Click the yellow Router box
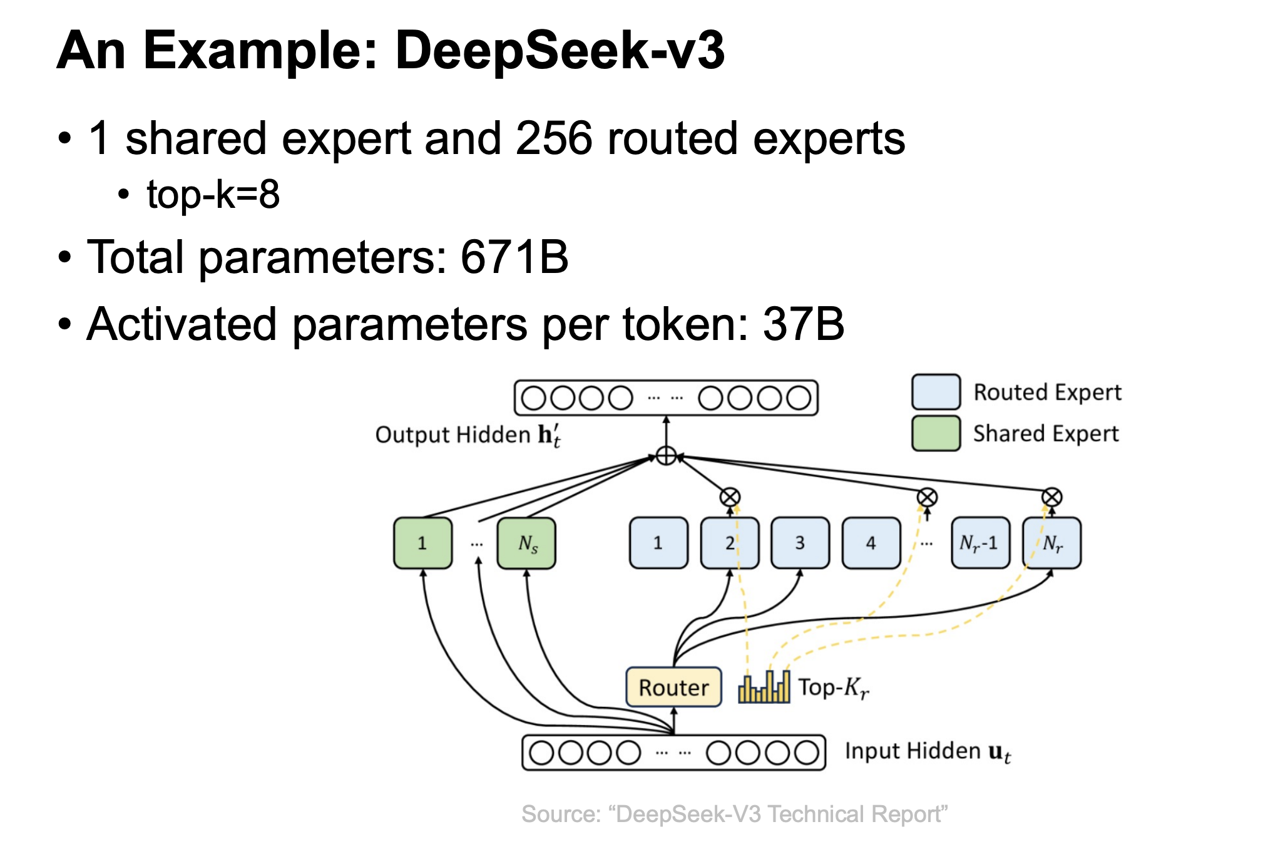[673, 687]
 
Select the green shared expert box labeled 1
[422, 543]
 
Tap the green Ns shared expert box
[526, 543]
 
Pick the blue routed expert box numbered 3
[800, 543]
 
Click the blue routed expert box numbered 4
[871, 543]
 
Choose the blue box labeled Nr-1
[979, 543]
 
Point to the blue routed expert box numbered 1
[658, 543]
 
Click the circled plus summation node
[666, 455]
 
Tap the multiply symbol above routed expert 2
[730, 497]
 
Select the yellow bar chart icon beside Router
[764, 687]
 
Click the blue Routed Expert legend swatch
[936, 391]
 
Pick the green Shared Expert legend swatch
[936, 433]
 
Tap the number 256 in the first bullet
[553, 138]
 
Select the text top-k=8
[213, 194]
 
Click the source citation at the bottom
[734, 814]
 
